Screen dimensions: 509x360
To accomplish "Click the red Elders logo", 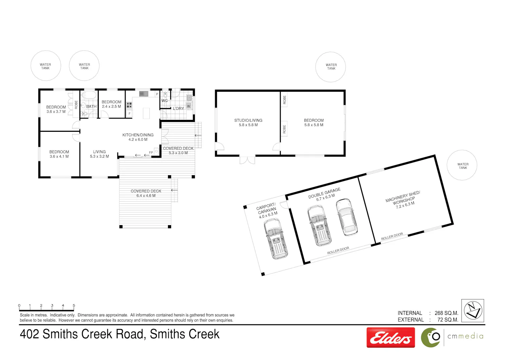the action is click(391, 338).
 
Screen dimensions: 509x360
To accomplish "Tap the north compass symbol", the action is click(473, 311).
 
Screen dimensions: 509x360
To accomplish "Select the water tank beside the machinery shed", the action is click(462, 165).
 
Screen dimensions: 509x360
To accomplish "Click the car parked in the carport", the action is click(276, 239).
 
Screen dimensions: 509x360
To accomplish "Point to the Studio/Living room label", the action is click(248, 122).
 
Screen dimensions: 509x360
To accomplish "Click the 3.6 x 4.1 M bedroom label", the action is click(59, 154).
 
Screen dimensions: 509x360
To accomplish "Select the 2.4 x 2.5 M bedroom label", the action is click(111, 104).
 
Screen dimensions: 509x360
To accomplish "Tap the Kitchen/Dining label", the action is click(138, 137).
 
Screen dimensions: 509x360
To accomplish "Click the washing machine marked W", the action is click(188, 106).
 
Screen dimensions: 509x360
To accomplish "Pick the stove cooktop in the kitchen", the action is click(129, 105).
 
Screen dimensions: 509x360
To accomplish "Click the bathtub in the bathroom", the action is click(89, 95).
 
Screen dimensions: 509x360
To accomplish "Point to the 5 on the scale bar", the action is click(74, 305).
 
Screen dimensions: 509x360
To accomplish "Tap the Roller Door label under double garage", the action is click(338, 250).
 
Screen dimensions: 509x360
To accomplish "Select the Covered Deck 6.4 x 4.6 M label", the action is click(146, 193).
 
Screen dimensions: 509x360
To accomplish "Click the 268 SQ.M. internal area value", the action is click(446, 313).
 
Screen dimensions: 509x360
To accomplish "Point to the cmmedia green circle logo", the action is click(431, 338).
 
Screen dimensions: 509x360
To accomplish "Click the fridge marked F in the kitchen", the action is click(130, 113).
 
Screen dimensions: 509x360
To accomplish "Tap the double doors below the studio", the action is click(247, 160).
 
